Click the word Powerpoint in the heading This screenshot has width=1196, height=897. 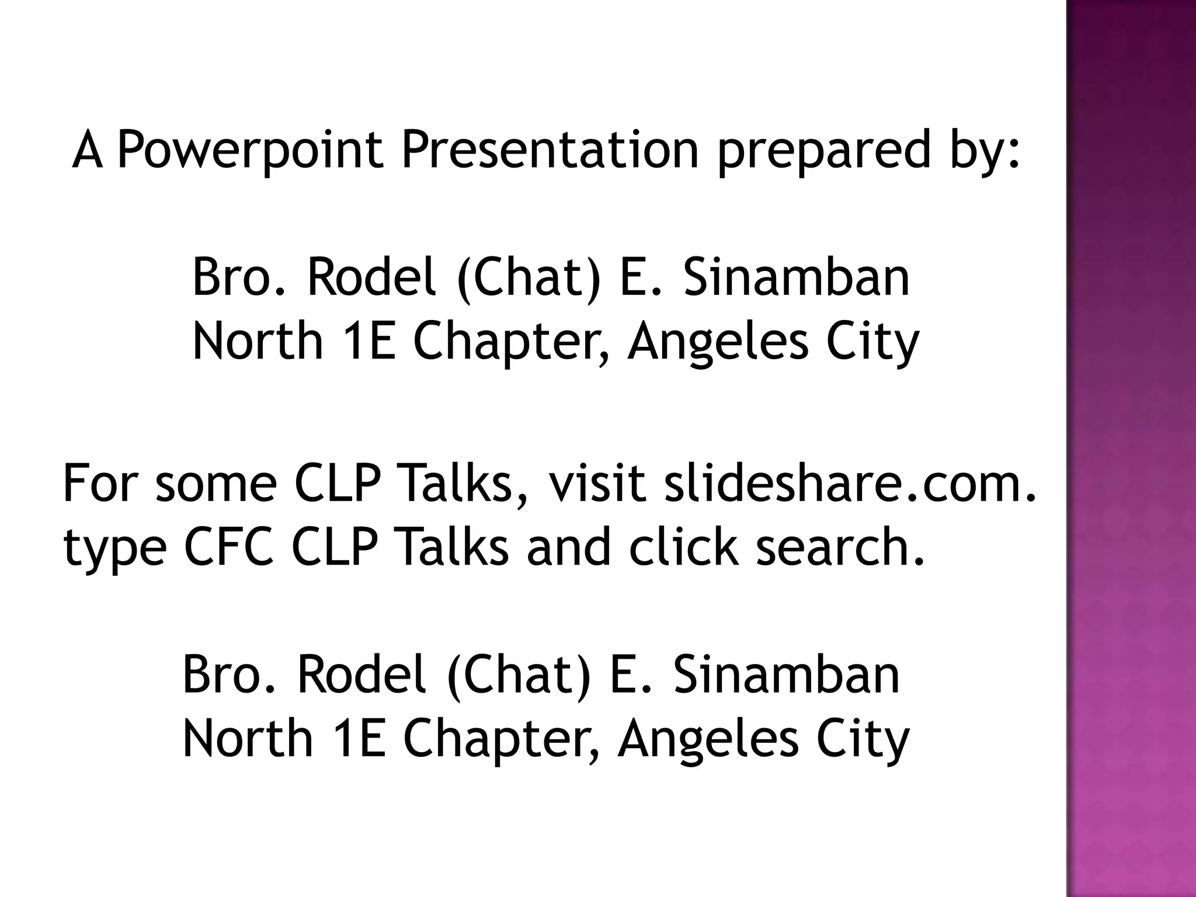251,150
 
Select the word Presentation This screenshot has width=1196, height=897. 550,150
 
